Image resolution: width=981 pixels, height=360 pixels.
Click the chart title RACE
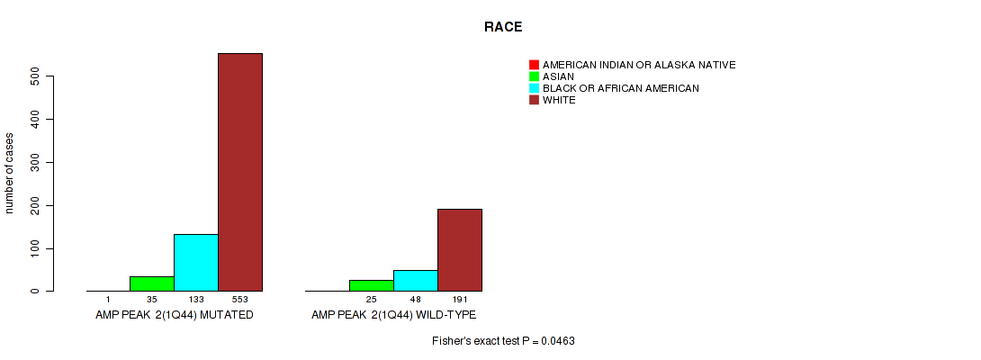point(503,27)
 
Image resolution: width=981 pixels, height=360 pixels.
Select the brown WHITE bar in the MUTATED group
point(240,172)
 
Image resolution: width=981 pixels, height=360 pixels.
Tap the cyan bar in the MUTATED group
point(196,263)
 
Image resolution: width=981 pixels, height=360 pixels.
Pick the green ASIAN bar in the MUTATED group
point(152,283)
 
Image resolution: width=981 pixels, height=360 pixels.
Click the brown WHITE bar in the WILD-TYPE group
point(460,250)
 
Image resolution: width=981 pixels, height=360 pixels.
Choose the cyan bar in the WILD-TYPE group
point(416,281)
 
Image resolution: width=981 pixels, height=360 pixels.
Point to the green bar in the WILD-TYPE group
point(372,285)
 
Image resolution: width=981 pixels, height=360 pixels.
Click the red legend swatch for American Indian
point(534,65)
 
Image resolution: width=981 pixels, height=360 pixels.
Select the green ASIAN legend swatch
point(534,76)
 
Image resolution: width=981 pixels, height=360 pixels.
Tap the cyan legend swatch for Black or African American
point(534,88)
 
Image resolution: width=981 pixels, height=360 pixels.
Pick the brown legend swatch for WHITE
point(534,100)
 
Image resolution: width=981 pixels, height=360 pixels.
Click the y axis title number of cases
point(9,173)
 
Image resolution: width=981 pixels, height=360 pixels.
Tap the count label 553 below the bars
point(240,300)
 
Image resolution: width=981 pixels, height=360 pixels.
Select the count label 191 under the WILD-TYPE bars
point(460,300)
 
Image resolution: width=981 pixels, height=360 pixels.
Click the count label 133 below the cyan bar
point(196,300)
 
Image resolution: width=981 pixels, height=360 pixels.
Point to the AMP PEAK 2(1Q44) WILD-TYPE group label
point(393,315)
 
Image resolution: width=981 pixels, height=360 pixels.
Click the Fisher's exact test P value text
point(503,341)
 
